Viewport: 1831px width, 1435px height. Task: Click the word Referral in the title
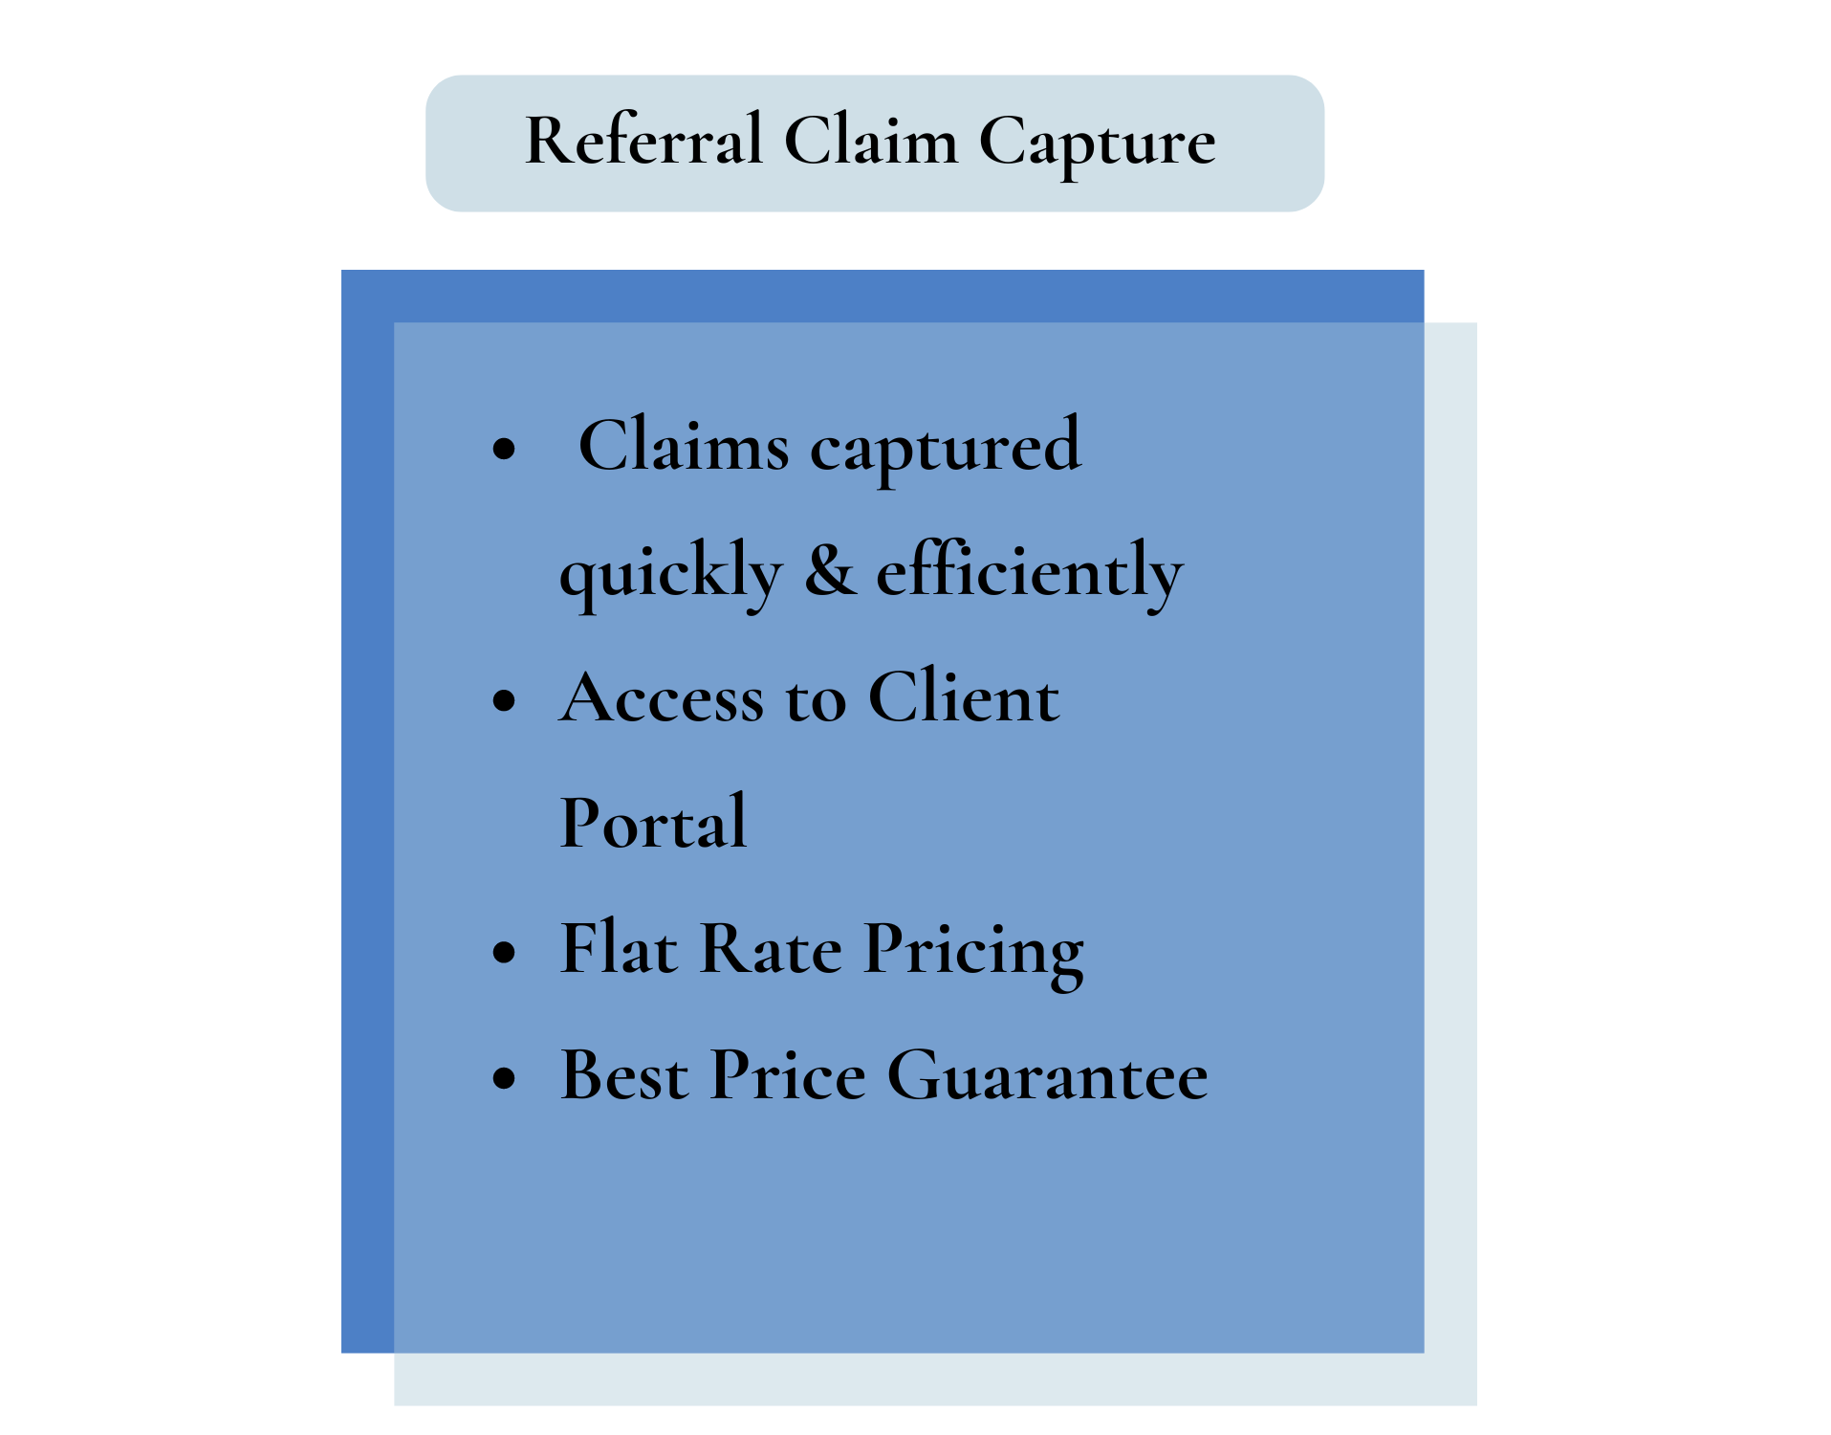coord(643,142)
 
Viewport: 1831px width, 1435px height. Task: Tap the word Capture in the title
coord(1097,143)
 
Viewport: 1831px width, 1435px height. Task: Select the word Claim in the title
coord(870,142)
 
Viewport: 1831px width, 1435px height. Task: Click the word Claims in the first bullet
coord(684,446)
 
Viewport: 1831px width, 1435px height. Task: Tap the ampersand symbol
coord(830,570)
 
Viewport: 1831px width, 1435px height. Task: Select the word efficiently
coord(1030,572)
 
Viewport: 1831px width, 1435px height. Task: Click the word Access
coord(662,697)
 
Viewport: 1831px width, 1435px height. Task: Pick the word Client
coord(964,697)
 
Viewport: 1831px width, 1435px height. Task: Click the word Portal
coord(653,823)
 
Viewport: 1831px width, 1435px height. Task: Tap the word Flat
coord(619,949)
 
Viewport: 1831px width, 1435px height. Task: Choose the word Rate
coord(771,949)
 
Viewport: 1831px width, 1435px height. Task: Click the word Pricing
coord(973,953)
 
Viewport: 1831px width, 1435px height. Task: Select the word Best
coord(623,1075)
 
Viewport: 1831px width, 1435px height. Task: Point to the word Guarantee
coord(1048,1075)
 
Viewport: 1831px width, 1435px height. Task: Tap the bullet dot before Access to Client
coord(504,701)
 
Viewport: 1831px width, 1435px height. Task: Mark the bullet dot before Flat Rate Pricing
coord(504,953)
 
